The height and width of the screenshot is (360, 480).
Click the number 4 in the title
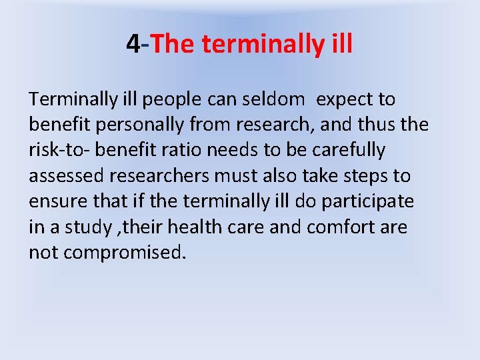133,45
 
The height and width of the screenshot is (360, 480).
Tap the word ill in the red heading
339,45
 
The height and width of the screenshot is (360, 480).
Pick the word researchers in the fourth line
168,176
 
